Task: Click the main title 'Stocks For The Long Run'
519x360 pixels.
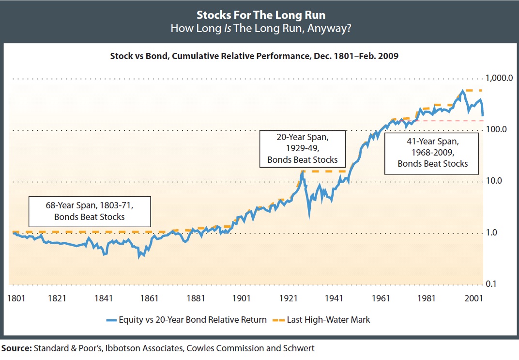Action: [261, 15]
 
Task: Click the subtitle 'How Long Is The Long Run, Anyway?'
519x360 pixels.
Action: [261, 28]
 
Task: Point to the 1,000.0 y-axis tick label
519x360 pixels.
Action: [499, 78]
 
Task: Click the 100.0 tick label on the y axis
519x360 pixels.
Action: [496, 129]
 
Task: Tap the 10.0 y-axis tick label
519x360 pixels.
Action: [494, 181]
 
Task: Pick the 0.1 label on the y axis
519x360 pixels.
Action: [491, 284]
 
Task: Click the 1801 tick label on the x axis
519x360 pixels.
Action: [16, 298]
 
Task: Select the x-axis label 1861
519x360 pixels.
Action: [149, 298]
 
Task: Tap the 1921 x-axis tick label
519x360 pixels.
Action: [288, 298]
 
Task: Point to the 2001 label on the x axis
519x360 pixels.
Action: [473, 298]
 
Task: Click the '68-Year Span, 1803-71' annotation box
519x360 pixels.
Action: [90, 211]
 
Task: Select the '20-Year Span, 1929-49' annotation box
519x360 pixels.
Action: [303, 149]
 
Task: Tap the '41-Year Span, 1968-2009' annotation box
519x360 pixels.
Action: [432, 153]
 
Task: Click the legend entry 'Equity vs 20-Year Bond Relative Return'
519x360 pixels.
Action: [186, 320]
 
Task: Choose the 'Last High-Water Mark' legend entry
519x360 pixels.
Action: [321, 320]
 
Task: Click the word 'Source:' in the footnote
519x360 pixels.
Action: [16, 348]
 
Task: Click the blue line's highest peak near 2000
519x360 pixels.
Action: [462, 91]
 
